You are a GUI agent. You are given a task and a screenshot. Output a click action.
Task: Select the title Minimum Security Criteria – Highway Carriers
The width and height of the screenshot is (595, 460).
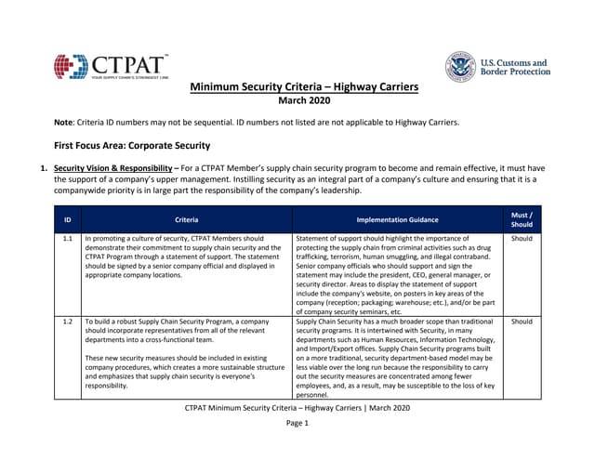coord(304,87)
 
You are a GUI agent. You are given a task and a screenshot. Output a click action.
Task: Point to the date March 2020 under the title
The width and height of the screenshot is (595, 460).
coord(304,100)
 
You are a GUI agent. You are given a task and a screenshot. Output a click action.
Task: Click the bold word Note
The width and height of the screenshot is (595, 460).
coord(65,123)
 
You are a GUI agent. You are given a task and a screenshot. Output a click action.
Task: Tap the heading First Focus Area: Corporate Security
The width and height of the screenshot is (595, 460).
coord(132,145)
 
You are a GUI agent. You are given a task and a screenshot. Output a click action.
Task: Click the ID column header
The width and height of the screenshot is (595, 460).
coord(67,219)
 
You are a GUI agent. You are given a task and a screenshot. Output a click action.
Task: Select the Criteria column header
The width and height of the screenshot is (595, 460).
coord(186,219)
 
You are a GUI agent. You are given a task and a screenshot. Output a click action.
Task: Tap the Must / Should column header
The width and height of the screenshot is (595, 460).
coord(522,219)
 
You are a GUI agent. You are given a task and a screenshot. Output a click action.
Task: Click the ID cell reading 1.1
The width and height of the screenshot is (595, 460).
coord(67,238)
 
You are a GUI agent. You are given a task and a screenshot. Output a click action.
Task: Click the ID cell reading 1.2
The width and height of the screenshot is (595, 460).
coord(67,322)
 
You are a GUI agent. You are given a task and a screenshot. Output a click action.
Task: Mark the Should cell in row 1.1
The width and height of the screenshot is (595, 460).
coord(522,238)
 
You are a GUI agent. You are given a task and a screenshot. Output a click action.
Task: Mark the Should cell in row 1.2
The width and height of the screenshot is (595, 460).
coord(522,322)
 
